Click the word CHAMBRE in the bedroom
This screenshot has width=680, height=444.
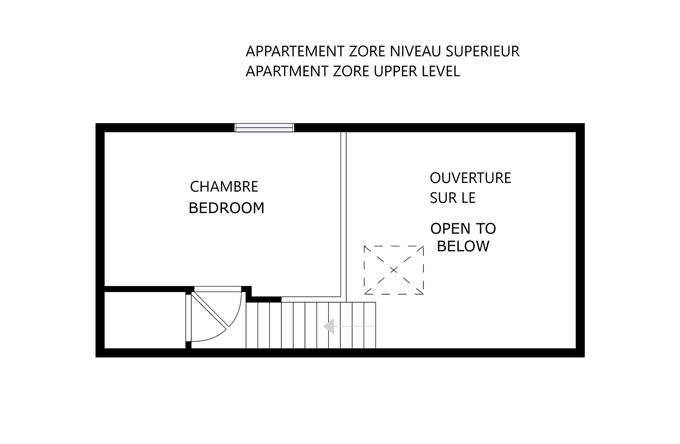[x=224, y=187]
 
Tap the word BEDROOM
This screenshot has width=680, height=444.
[x=227, y=208]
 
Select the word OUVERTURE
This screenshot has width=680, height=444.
[x=470, y=178]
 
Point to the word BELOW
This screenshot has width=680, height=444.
[x=463, y=246]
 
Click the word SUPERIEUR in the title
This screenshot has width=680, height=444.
[x=482, y=51]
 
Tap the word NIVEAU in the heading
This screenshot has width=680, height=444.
[x=415, y=51]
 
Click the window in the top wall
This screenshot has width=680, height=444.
[x=264, y=128]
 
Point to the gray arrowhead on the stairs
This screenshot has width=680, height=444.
[x=329, y=326]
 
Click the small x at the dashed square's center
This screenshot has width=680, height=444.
[x=394, y=270]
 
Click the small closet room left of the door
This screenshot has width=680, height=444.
[x=145, y=320]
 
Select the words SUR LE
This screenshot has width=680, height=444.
[x=453, y=198]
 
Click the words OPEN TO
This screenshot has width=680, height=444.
[x=463, y=229]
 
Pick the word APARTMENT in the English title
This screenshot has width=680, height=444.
[x=287, y=71]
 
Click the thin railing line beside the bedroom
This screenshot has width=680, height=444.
[x=343, y=217]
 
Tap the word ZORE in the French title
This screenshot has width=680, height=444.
[x=367, y=51]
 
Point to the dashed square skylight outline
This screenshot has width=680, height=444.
[x=394, y=246]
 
